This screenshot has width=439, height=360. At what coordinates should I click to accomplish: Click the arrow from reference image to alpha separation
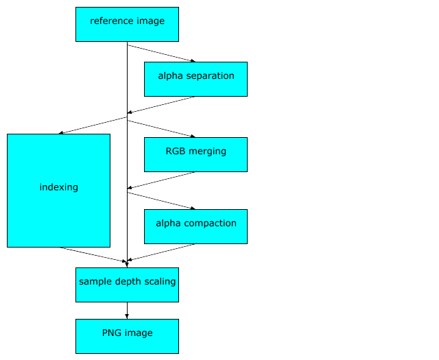(161, 53)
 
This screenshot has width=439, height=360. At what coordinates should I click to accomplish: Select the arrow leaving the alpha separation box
(163, 104)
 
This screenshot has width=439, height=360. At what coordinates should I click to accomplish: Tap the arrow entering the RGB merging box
(161, 128)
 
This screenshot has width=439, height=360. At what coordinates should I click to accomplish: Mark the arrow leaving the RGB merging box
(163, 180)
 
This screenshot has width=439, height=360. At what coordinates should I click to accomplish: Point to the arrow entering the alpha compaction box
(161, 200)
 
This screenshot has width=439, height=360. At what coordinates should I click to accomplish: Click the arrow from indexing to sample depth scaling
(93, 254)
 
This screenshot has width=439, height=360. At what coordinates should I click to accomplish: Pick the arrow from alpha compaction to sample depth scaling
(163, 252)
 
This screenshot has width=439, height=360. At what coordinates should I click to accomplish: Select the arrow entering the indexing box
(93, 125)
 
